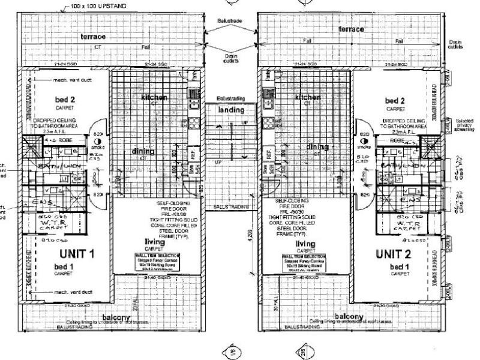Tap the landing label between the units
coord(231,110)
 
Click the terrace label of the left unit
coord(93,37)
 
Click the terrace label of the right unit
coord(352,29)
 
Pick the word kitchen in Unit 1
coord(154,97)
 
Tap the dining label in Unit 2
coord(317,146)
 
